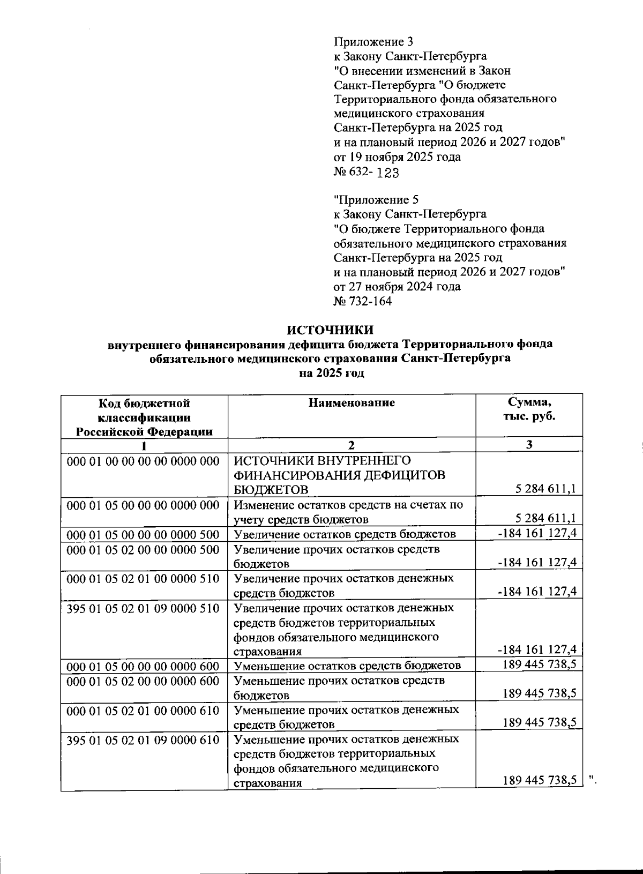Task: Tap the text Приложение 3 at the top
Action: click(x=374, y=41)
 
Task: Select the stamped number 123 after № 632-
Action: click(x=388, y=173)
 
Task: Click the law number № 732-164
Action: click(x=363, y=301)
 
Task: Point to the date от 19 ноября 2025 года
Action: click(x=397, y=157)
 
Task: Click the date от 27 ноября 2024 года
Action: click(x=397, y=287)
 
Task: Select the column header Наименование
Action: click(x=352, y=403)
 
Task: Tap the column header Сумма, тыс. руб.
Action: click(x=529, y=409)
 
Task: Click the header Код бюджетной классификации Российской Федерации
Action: click(x=144, y=417)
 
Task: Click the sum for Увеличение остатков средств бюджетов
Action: click(x=537, y=533)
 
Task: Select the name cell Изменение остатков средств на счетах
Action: click(x=348, y=512)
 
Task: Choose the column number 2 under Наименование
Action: click(x=352, y=445)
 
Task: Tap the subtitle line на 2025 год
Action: click(x=331, y=373)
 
